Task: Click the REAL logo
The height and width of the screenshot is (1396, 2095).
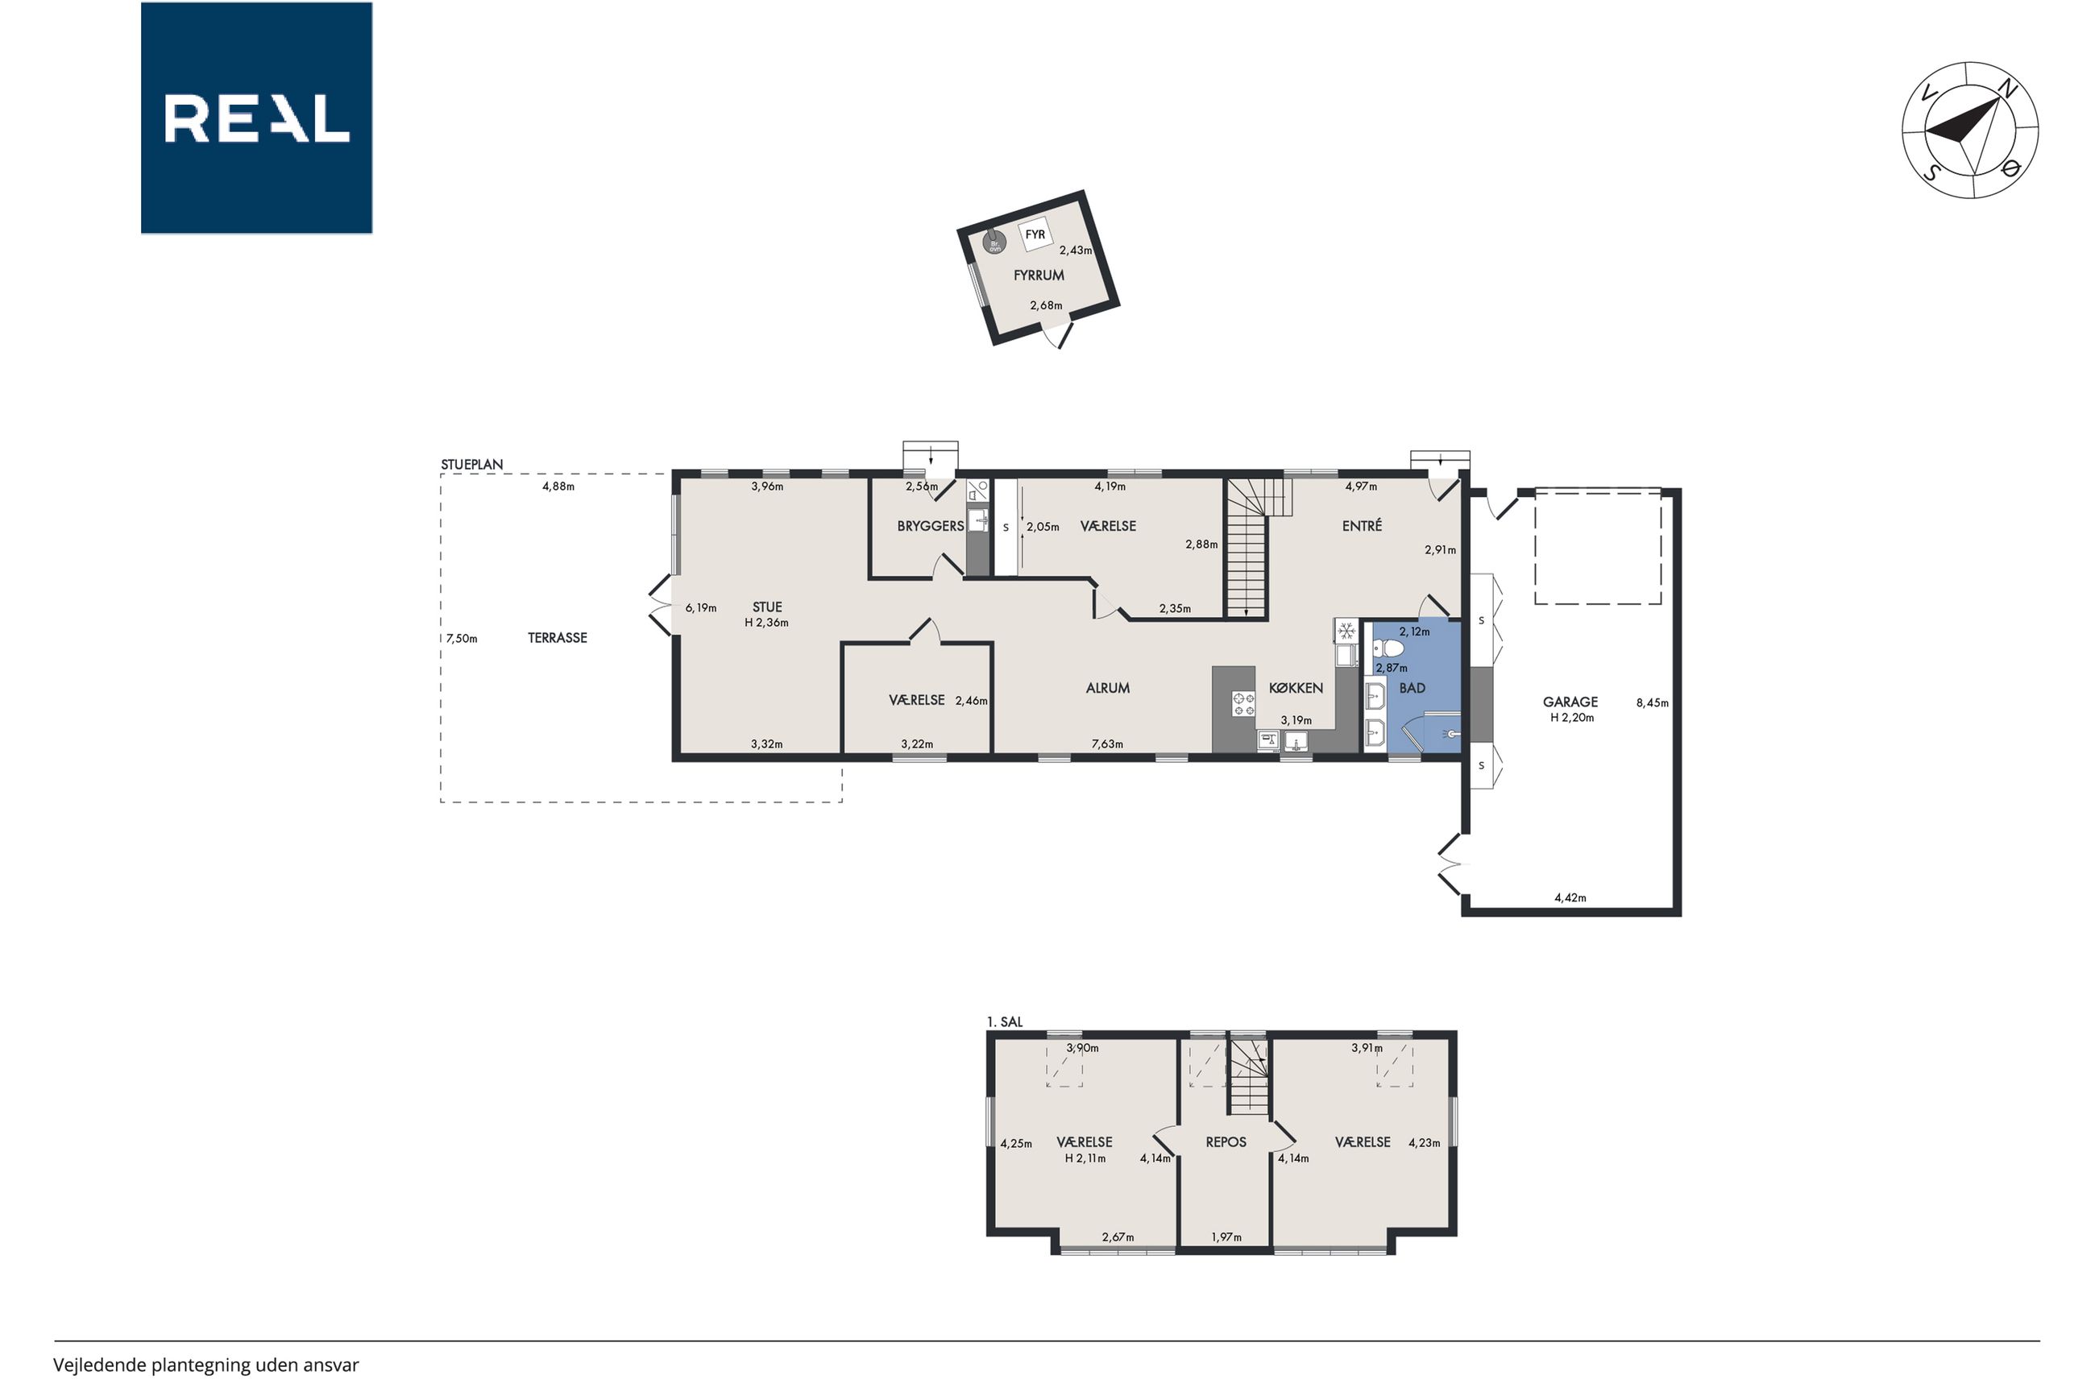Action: (256, 118)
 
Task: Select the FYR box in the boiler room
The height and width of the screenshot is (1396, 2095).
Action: (1035, 235)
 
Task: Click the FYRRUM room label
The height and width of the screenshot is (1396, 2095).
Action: (1038, 276)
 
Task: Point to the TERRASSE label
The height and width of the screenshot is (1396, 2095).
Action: (558, 638)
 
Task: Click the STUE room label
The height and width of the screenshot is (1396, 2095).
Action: (766, 608)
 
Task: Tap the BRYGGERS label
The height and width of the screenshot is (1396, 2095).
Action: (931, 526)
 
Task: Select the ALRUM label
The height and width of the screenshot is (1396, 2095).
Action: (1108, 688)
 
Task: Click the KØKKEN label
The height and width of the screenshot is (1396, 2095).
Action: (1296, 688)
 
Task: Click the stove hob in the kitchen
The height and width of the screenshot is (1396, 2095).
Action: (1243, 703)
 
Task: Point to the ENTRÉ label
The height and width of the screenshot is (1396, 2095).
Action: (1363, 526)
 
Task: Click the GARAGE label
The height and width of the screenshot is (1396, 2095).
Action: (1570, 702)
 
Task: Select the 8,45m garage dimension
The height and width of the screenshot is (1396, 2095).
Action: (1653, 702)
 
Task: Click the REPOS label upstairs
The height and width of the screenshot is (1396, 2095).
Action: (1226, 1142)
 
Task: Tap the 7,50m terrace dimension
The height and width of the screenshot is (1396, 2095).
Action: (462, 638)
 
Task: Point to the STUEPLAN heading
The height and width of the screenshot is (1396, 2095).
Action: (472, 465)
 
